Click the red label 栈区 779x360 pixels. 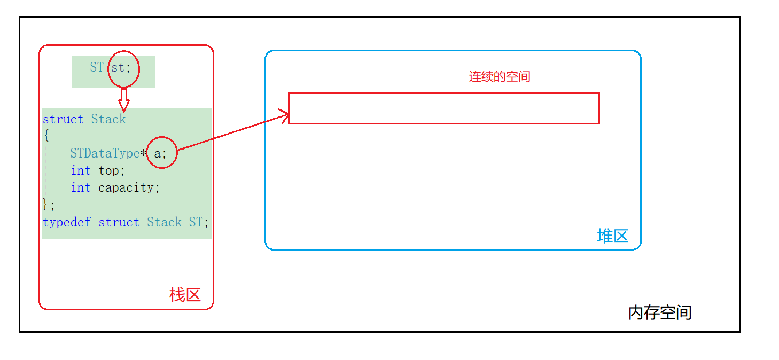185,294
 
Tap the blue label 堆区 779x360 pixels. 612,236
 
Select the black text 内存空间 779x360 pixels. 660,312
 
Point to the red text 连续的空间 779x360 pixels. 500,76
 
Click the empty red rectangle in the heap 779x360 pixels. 443,108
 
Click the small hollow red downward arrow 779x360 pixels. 123,100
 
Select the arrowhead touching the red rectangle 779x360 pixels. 284,115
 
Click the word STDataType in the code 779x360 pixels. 105,154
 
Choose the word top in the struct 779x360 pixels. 111,171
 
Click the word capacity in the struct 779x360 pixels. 128,188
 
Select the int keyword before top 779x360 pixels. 81,171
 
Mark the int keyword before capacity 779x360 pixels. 81,188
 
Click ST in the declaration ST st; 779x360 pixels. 97,67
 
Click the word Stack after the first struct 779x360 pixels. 108,119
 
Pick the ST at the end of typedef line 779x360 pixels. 196,222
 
